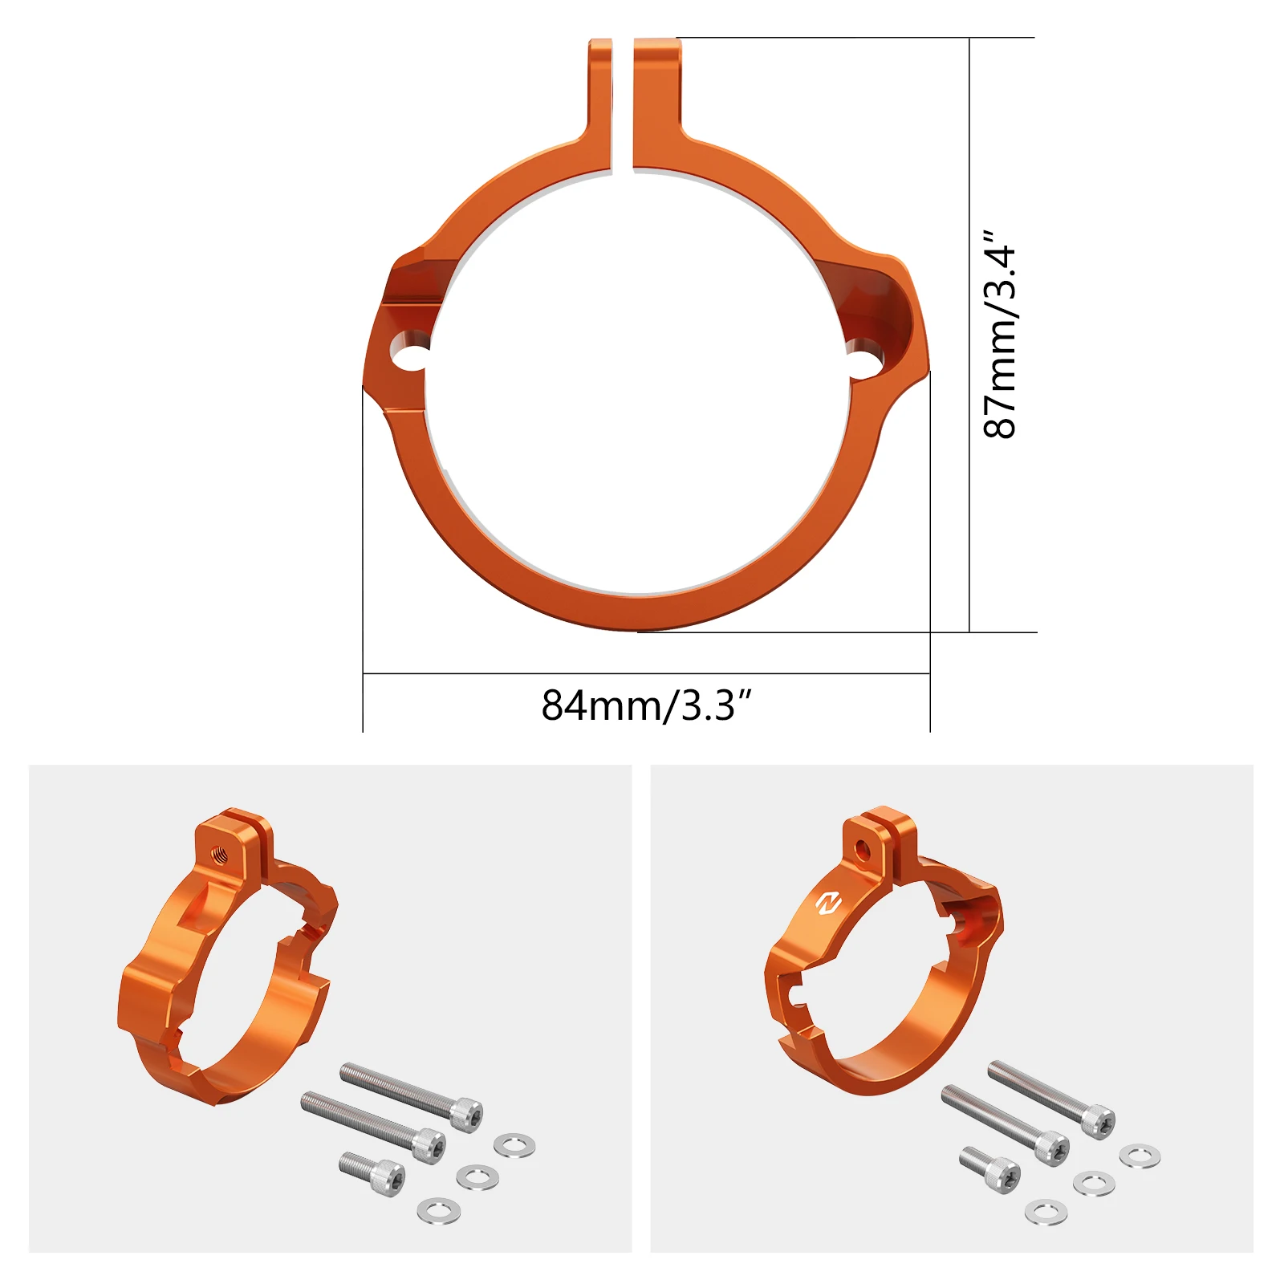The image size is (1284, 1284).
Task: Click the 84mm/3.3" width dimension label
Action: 646,705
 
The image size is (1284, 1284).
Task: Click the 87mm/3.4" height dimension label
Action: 1000,334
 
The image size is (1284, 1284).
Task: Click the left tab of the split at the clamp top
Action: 599,96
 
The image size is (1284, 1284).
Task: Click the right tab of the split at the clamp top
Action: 656,96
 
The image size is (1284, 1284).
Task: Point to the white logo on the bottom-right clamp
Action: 827,904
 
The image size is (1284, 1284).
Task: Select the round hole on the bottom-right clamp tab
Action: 862,850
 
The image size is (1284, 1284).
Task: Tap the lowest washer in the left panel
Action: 439,1210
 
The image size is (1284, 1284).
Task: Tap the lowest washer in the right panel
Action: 1046,1212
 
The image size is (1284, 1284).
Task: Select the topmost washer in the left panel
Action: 514,1145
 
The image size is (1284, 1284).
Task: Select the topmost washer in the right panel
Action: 1140,1156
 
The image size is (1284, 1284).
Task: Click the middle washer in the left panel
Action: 477,1177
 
